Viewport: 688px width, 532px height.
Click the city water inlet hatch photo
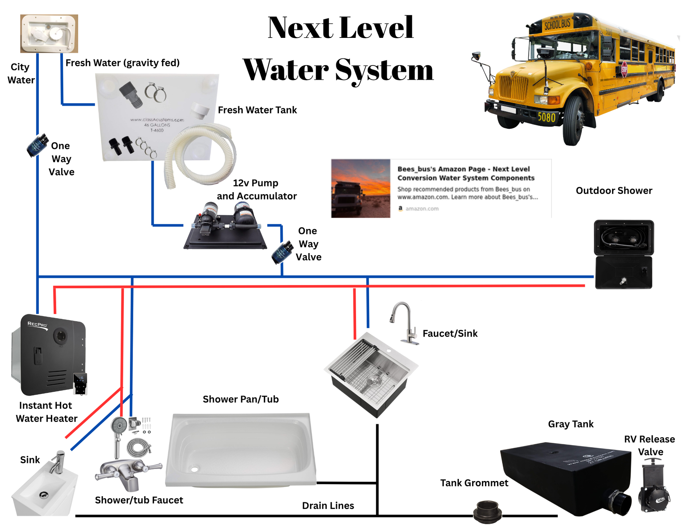point(49,33)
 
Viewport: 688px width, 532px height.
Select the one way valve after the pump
point(282,252)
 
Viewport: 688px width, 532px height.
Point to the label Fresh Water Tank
point(257,110)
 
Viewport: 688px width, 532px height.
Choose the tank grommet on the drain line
point(487,511)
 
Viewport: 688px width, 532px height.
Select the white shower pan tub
point(240,450)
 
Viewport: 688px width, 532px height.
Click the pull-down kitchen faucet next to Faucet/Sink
point(405,322)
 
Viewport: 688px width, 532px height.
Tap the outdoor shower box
point(624,254)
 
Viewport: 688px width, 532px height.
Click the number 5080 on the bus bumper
point(547,117)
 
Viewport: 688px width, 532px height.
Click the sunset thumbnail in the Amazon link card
point(361,188)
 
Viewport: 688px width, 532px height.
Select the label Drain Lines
point(328,505)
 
